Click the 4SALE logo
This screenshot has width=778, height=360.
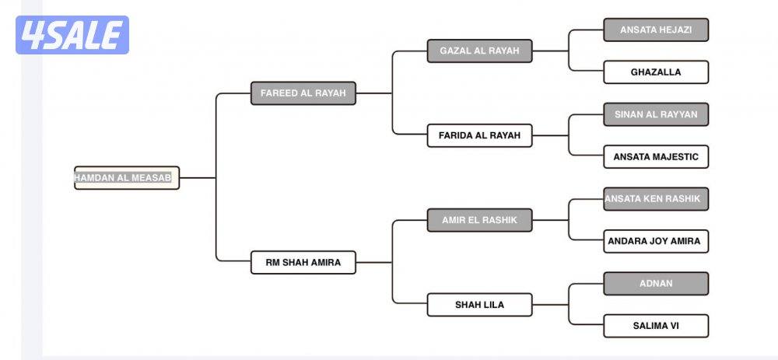click(72, 35)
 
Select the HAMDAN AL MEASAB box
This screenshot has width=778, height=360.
click(127, 178)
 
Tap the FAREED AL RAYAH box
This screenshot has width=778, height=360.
click(303, 93)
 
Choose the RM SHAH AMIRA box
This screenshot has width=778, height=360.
click(303, 263)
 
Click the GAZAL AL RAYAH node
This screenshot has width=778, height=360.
click(479, 51)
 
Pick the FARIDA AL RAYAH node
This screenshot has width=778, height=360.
click(479, 135)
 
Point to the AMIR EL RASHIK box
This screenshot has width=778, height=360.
click(479, 220)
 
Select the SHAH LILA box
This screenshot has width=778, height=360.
click(479, 305)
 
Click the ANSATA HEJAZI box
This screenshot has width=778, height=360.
click(656, 30)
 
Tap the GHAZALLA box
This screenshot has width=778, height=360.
click(656, 72)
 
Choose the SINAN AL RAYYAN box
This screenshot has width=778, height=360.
click(656, 114)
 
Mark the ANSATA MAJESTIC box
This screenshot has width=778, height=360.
click(656, 157)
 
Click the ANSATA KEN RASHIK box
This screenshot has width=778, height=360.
click(656, 199)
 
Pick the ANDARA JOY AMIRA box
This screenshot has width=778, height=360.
click(656, 241)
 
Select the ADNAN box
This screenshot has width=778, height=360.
click(656, 284)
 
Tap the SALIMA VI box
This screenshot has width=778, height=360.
click(656, 326)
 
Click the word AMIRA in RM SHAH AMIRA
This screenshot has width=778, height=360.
click(324, 263)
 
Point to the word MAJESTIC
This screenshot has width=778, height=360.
click(675, 157)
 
